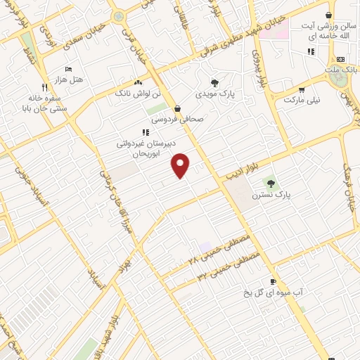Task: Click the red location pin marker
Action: pyautogui.click(x=181, y=165)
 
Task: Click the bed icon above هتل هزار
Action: pyautogui.click(x=68, y=70)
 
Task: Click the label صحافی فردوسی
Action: pyautogui.click(x=176, y=119)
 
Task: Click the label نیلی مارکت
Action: pyautogui.click(x=302, y=100)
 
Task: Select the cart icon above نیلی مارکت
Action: pyautogui.click(x=302, y=89)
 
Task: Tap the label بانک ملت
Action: pyautogui.click(x=341, y=70)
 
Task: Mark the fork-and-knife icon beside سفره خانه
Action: pyautogui.click(x=44, y=87)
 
